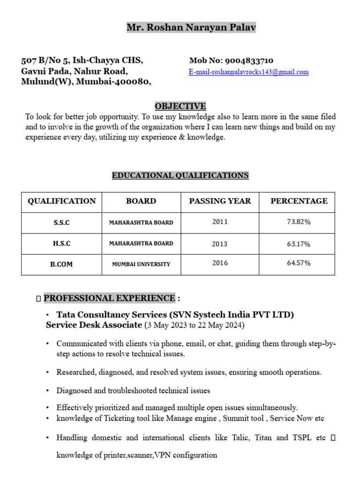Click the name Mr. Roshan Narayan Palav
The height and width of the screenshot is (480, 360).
click(x=191, y=28)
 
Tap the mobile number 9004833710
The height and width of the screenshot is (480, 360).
click(x=249, y=60)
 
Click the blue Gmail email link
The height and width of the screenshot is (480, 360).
click(x=248, y=72)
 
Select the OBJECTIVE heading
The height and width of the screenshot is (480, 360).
click(x=180, y=106)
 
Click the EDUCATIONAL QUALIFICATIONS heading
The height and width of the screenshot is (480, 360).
click(x=180, y=175)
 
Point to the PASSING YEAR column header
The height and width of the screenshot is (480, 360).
click(x=220, y=201)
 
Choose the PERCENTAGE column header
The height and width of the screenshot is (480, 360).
click(x=299, y=201)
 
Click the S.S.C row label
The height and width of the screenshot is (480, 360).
click(x=61, y=223)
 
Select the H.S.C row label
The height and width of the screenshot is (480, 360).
click(x=61, y=244)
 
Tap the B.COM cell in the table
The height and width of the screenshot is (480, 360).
click(x=61, y=264)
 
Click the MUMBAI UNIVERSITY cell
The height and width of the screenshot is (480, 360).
click(x=141, y=264)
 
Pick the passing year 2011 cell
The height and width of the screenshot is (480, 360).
click(x=220, y=222)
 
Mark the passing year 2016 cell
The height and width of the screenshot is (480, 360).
click(x=220, y=263)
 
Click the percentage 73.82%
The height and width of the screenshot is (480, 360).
click(x=299, y=222)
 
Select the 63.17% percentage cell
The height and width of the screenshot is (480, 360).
click(x=299, y=244)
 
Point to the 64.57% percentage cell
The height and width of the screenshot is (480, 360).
click(x=299, y=263)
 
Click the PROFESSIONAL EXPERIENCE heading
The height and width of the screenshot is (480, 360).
click(x=109, y=298)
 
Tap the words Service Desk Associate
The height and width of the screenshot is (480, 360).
click(x=94, y=325)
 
